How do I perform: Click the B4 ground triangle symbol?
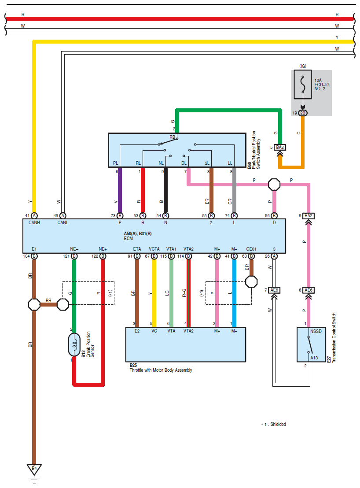pyautogui.click(x=34, y=470)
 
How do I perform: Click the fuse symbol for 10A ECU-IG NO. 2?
pyautogui.click(x=303, y=84)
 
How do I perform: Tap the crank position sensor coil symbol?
pyautogui.click(x=74, y=344)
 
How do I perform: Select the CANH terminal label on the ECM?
pyautogui.click(x=34, y=222)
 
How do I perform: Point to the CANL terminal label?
pyautogui.click(x=63, y=222)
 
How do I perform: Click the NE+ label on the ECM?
pyautogui.click(x=103, y=249)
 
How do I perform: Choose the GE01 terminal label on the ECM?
pyautogui.click(x=251, y=249)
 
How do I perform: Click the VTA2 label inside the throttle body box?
pyautogui.click(x=188, y=331)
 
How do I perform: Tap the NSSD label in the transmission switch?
pyautogui.click(x=316, y=331)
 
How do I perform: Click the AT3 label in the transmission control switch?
pyautogui.click(x=314, y=358)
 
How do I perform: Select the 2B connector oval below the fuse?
pyautogui.click(x=303, y=113)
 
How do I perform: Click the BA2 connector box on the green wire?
pyautogui.click(x=280, y=147)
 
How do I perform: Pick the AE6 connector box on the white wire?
pyautogui.click(x=274, y=290)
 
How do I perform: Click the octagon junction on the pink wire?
pyautogui.click(x=274, y=185)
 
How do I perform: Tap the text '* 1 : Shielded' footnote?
pyautogui.click(x=274, y=424)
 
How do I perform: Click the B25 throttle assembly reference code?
pyautogui.click(x=133, y=365)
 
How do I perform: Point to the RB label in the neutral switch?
pyautogui.click(x=172, y=137)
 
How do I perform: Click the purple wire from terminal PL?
pyautogui.click(x=120, y=190)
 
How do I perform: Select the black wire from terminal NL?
pyautogui.click(x=166, y=190)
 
